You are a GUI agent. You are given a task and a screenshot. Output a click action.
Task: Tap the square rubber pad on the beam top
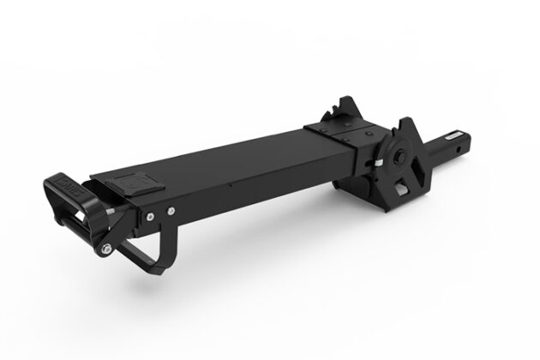[x=134, y=183]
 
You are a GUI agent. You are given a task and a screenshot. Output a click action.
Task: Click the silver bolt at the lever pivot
[x=104, y=249]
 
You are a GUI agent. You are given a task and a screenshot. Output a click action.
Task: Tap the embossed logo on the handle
[x=69, y=185]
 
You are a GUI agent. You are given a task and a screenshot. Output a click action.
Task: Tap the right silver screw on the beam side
[x=171, y=207]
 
